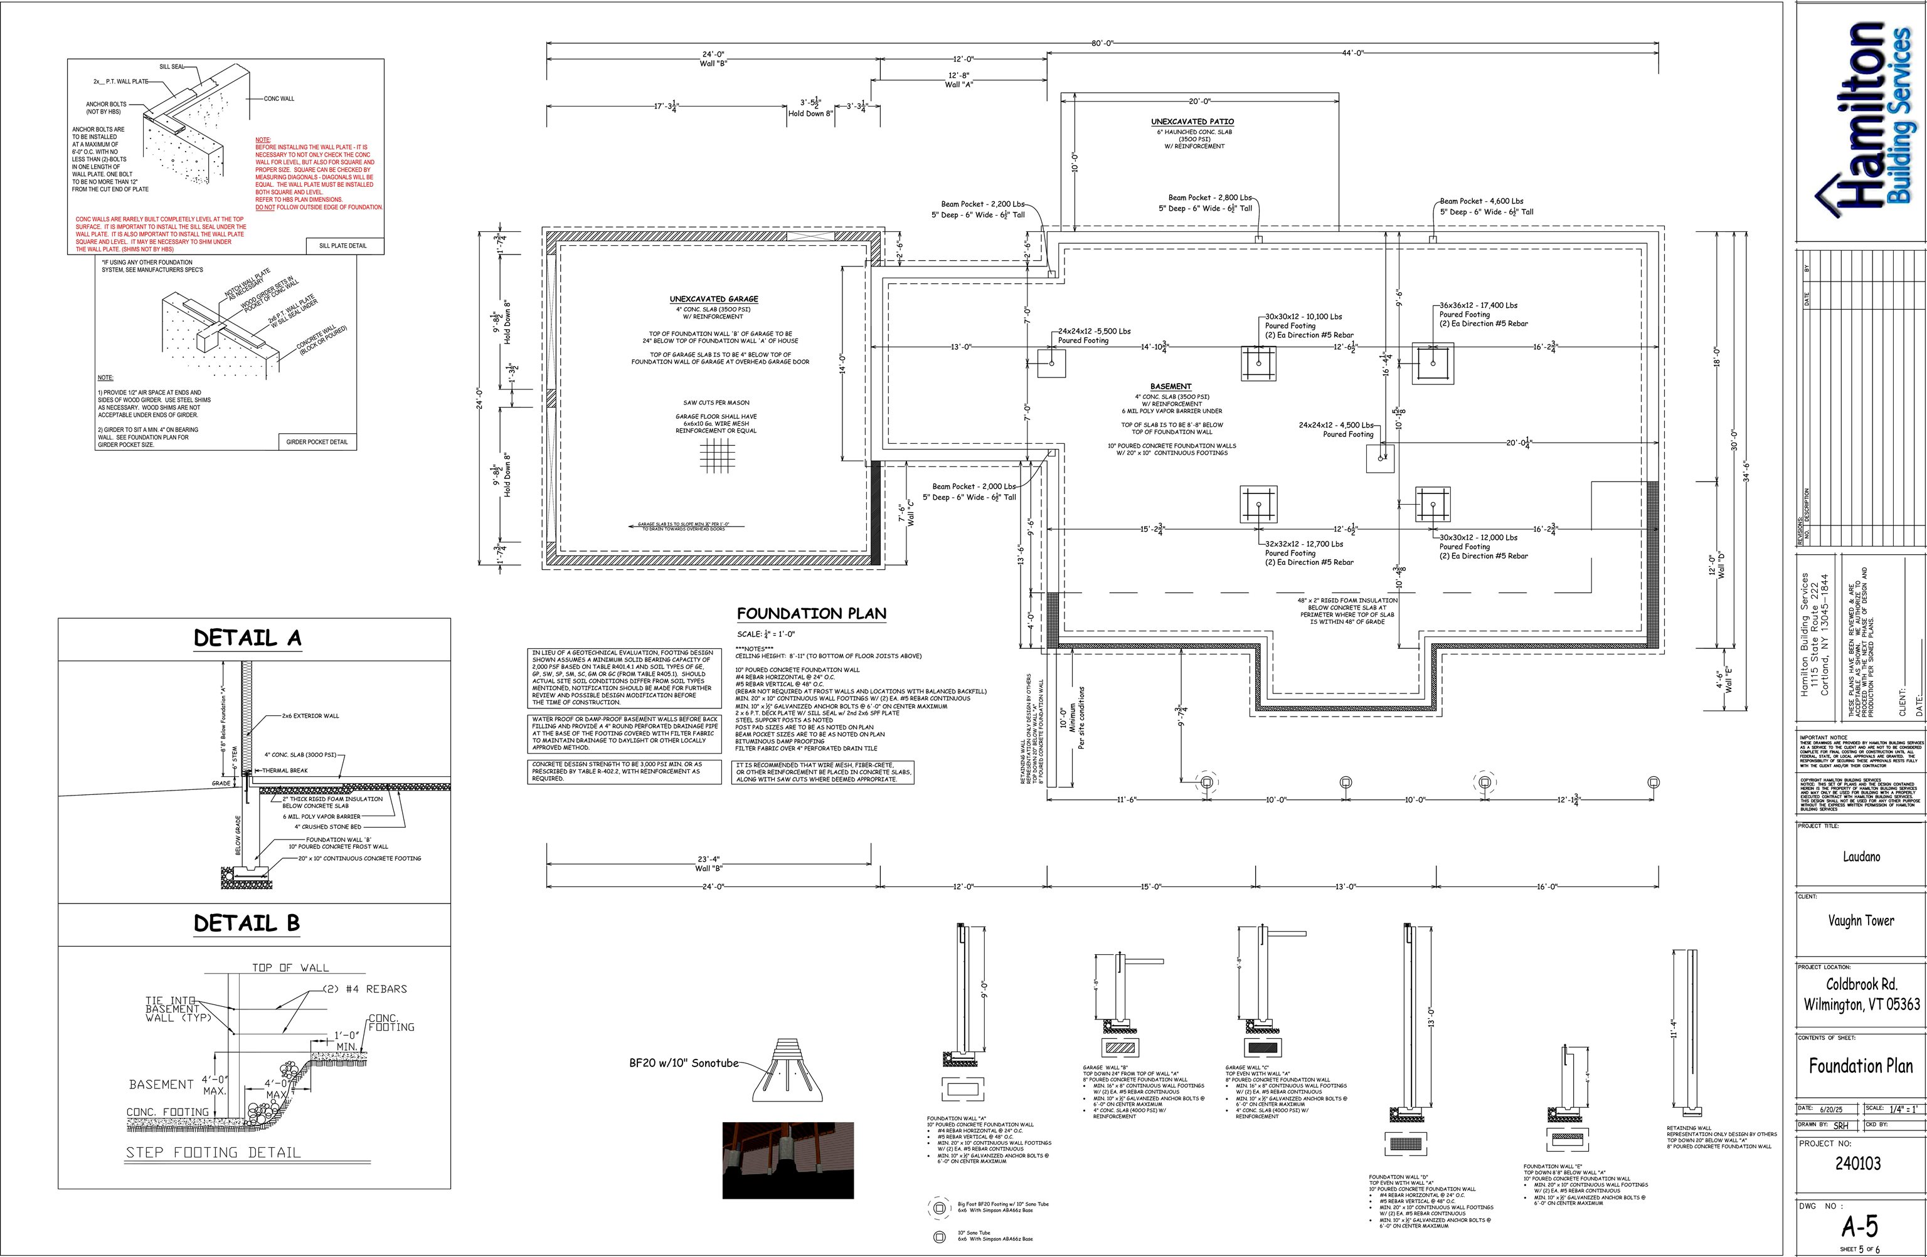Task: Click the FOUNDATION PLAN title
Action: [811, 614]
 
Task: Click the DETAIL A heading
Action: [247, 638]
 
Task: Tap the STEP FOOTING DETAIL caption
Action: [213, 1152]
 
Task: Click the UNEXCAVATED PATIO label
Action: [1192, 122]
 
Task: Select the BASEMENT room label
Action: [1171, 387]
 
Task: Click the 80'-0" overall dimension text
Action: [1102, 43]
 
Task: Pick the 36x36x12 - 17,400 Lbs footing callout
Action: [1478, 305]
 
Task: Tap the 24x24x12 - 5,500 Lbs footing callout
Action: [1094, 331]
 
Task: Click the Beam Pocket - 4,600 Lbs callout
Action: [1481, 201]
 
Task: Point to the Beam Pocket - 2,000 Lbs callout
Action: [973, 486]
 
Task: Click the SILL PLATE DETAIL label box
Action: [342, 245]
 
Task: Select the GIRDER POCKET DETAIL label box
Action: [317, 442]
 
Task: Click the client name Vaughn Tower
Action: [1861, 920]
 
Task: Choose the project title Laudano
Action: [1861, 856]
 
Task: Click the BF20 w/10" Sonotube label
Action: [683, 1063]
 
